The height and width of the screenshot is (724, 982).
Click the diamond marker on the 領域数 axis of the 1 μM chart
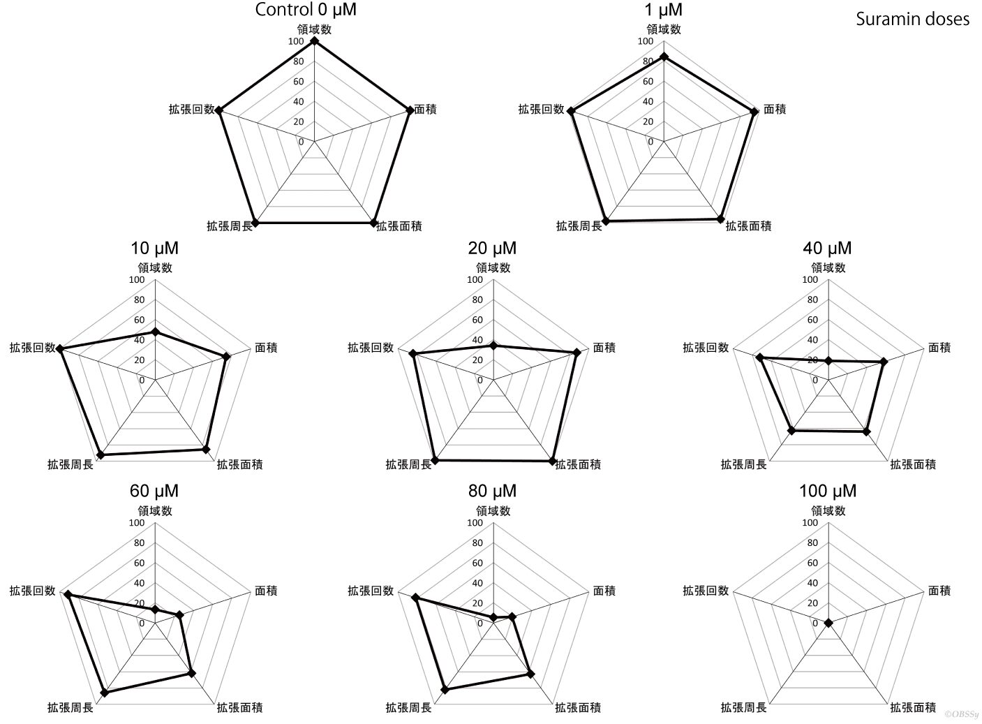click(664, 57)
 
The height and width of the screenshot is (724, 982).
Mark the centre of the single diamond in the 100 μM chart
click(828, 623)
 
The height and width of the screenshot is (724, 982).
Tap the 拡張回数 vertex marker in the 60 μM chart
click(68, 595)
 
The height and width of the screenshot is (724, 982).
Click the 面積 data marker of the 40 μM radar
click(884, 362)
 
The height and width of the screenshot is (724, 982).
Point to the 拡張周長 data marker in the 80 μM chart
click(445, 690)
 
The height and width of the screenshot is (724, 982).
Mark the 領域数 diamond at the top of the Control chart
click(314, 41)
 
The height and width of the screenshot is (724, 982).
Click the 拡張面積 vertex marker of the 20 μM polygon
click(552, 461)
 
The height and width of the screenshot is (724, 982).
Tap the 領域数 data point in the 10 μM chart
click(155, 333)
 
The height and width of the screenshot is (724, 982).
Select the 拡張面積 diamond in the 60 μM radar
click(191, 674)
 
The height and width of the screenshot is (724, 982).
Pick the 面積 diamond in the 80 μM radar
click(512, 617)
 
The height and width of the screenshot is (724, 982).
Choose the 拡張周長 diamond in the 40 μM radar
click(791, 431)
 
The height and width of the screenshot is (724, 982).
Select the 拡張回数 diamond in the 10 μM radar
click(61, 349)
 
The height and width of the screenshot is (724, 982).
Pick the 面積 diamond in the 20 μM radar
click(576, 353)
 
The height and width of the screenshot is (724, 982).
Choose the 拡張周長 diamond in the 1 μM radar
click(606, 221)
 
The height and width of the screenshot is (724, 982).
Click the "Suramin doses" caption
click(913, 20)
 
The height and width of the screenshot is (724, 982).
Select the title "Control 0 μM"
click(306, 10)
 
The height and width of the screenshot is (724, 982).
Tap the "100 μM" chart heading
click(828, 491)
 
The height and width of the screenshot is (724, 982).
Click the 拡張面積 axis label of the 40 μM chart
click(913, 464)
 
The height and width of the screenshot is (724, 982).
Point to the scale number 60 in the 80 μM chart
click(477, 563)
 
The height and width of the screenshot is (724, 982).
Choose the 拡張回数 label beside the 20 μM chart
click(371, 348)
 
